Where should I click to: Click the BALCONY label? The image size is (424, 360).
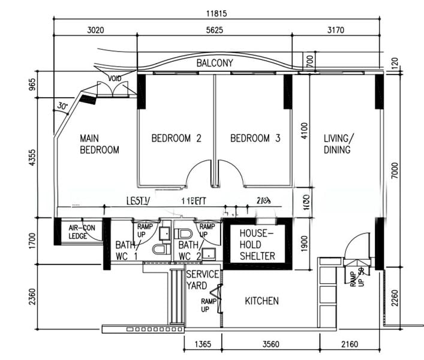(x=215, y=62)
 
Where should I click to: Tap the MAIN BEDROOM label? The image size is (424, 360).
(x=99, y=144)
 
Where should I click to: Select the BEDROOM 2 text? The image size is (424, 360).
(x=176, y=138)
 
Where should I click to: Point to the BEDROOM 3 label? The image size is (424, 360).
(x=255, y=138)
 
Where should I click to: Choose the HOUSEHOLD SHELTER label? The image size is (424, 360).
(x=257, y=244)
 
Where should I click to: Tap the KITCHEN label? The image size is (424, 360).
(x=261, y=301)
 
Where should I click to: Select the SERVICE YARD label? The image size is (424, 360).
(x=202, y=280)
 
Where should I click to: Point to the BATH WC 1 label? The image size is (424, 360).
(x=127, y=251)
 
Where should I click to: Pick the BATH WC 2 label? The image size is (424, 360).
(x=188, y=251)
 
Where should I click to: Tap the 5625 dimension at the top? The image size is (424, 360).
(x=215, y=29)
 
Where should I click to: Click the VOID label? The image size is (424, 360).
(x=115, y=79)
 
